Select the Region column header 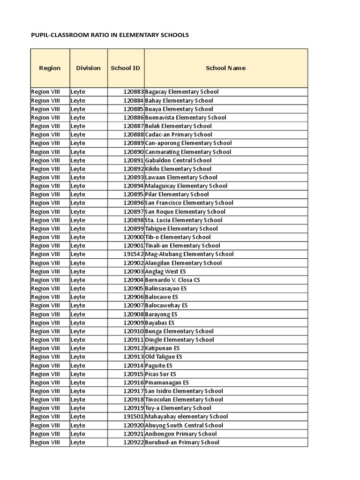(50, 68)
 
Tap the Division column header (88, 68)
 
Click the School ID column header (125, 68)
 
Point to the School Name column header (225, 68)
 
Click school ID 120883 (134, 92)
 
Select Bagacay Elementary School (182, 92)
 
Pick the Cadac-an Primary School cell (179, 135)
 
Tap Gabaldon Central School (178, 160)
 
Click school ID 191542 (134, 254)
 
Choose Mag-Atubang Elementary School (189, 254)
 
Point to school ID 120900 (134, 237)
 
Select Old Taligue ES (164, 357)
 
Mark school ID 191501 (134, 416)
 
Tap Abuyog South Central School (184, 425)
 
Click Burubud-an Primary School (182, 442)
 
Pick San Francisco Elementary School (189, 203)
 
